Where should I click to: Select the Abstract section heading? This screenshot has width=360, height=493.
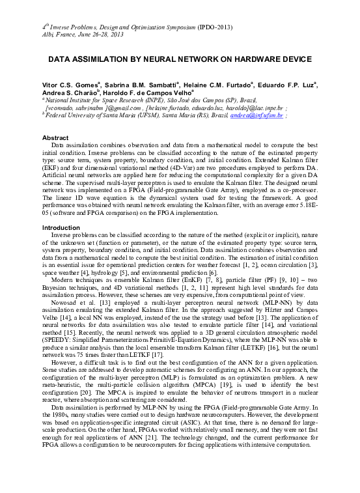[x=56, y=138]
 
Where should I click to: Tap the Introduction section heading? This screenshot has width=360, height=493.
[x=61, y=227]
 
